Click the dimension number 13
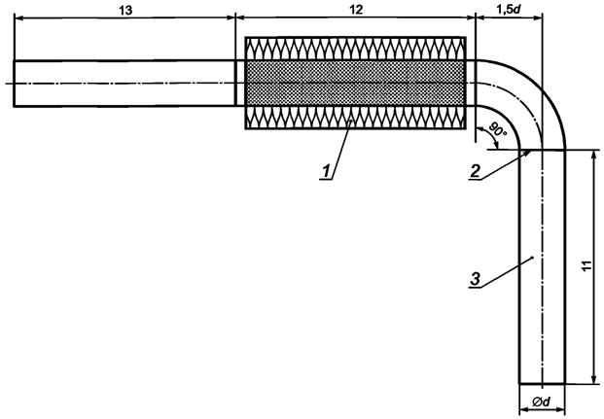[124, 8]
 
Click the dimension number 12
[354, 8]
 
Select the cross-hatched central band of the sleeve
[355, 83]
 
